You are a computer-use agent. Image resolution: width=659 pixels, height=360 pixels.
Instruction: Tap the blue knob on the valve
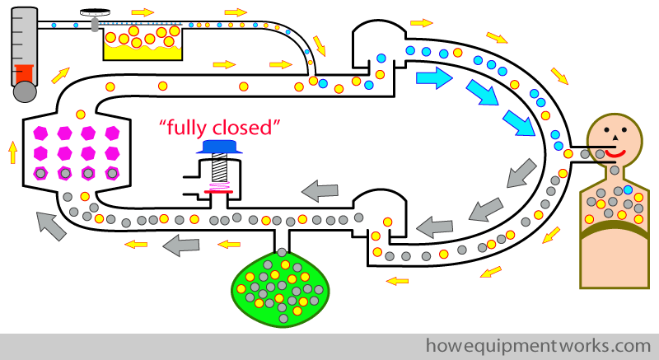[x=219, y=147]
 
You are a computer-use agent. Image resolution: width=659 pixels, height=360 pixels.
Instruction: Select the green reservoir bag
[x=280, y=288]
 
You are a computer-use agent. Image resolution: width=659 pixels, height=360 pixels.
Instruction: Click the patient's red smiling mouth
[x=615, y=154]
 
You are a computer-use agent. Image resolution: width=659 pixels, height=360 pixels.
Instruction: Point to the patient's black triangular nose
[x=615, y=137]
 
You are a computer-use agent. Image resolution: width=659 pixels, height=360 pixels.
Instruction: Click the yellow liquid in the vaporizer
[x=143, y=53]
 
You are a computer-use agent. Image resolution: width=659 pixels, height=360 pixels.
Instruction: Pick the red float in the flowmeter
[x=24, y=73]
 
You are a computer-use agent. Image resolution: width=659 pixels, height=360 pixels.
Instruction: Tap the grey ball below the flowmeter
[x=25, y=91]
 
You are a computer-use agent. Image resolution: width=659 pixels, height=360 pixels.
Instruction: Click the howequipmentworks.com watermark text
[x=539, y=346]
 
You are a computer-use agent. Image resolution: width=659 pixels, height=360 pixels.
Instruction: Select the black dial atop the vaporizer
[x=94, y=12]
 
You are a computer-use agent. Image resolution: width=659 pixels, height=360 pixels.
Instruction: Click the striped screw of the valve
[x=219, y=168]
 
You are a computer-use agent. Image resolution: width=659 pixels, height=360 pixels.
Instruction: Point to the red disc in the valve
[x=218, y=192]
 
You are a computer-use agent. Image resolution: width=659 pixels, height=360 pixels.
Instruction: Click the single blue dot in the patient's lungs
[x=628, y=189]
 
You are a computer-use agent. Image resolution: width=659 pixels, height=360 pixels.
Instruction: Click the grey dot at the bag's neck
[x=282, y=252]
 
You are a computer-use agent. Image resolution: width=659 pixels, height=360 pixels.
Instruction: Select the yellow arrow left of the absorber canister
[x=13, y=153]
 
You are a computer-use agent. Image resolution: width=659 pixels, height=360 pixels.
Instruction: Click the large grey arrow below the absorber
[x=51, y=226]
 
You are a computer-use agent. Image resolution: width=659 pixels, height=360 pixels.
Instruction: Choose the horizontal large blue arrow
[x=434, y=77]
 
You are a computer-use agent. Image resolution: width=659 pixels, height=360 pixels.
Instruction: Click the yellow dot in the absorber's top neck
[x=81, y=115]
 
